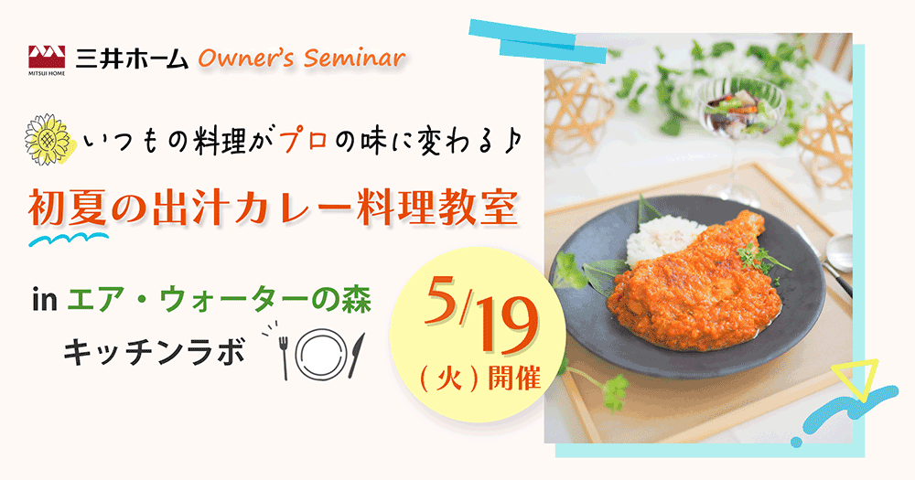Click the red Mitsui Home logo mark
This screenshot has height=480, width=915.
[x=47, y=58]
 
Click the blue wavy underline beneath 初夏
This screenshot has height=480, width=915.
[x=69, y=238]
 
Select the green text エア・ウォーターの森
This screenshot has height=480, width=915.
[x=220, y=301]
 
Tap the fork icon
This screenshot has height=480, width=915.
[x=285, y=355]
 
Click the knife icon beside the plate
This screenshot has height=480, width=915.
[x=356, y=354]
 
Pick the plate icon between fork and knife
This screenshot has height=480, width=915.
[x=318, y=354]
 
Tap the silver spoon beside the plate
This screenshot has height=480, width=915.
[x=834, y=257]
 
